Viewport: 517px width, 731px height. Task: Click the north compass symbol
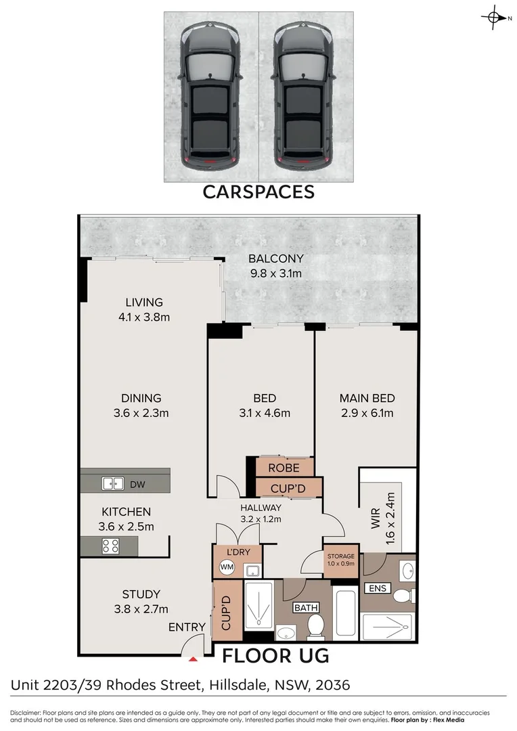point(495,18)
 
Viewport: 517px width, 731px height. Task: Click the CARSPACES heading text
point(258,192)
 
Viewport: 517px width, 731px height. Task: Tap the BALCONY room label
point(275,259)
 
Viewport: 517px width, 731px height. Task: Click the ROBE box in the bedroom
point(284,467)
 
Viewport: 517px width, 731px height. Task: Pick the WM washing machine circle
point(227,568)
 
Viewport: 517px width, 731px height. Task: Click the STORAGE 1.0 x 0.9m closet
point(341,560)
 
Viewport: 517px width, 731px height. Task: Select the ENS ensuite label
point(377,588)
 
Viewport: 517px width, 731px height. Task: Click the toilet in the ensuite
point(404,596)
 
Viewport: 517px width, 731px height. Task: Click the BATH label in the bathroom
point(305,607)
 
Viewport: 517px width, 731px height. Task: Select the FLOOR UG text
point(275,655)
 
